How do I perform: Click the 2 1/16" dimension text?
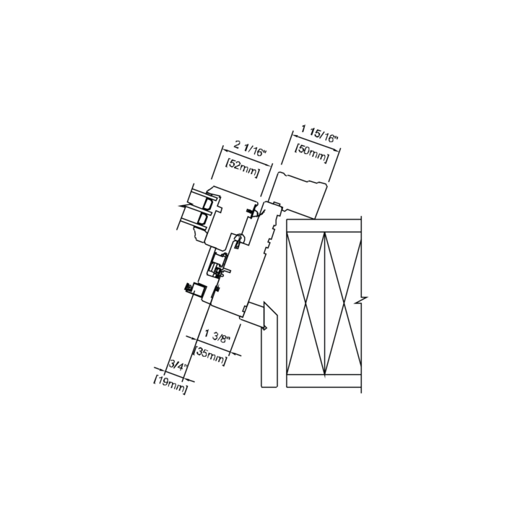[251, 149]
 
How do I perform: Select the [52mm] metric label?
[242, 168]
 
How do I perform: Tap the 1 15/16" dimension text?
[319, 134]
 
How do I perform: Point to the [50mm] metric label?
[312, 153]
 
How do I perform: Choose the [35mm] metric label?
[211, 355]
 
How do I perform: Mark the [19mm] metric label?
[170, 385]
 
